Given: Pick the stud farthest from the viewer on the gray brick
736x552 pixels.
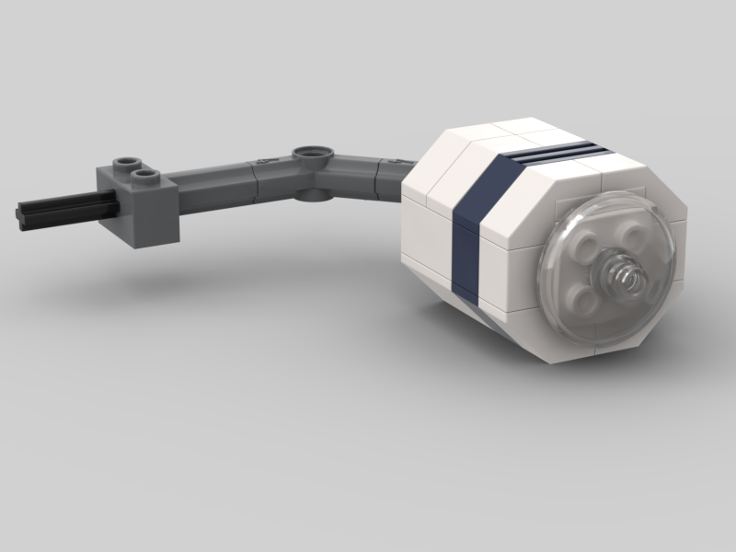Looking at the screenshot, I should (x=123, y=163).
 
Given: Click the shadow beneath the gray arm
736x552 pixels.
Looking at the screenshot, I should (x=230, y=267).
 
